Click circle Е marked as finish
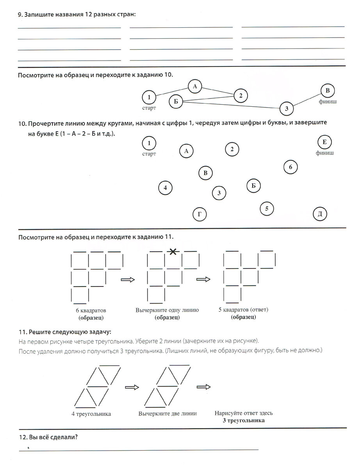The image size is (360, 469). coord(325,141)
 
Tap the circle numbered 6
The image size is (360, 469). coord(290,167)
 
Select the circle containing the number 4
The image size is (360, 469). coord(165,188)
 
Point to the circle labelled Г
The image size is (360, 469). coord(200,214)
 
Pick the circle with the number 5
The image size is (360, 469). coord(267,208)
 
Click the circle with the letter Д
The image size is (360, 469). coord(320,214)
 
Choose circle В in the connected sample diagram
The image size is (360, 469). coord(328,91)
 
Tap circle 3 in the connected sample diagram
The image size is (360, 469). coord(287,108)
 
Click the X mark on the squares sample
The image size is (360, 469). coord(173,252)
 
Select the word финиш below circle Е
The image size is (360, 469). coord(325,153)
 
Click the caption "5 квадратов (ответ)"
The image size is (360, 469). coord(243,310)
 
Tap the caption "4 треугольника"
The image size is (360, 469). coord(91,414)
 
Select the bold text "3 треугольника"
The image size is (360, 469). coord(243,421)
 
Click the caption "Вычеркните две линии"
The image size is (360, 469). coord(168,414)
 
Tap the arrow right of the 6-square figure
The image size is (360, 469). coord(128,279)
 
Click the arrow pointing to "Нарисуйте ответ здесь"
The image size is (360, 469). coord(203,387)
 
